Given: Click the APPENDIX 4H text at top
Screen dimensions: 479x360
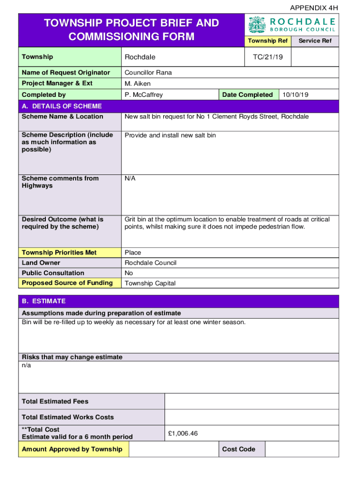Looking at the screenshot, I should click(314, 8).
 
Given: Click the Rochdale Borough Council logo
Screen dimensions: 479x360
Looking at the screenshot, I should click(292, 25).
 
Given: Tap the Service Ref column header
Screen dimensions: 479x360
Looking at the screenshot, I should click(315, 41).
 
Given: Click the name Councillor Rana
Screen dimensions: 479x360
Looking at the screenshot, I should click(148, 73).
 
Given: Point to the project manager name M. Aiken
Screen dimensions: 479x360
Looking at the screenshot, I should click(137, 84).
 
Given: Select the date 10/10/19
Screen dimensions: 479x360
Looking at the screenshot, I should click(295, 94).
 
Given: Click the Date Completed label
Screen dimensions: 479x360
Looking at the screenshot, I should click(247, 94).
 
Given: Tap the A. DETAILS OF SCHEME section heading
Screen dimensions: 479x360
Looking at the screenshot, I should click(62, 106).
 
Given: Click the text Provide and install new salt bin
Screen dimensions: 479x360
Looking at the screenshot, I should click(170, 135).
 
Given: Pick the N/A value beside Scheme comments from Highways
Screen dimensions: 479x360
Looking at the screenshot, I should click(130, 179).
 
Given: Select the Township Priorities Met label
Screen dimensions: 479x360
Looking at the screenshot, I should click(59, 253).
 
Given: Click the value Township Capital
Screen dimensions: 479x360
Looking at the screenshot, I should click(150, 283).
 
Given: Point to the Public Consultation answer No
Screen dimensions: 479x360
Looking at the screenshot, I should click(129, 273).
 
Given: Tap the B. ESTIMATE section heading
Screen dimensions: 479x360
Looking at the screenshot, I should click(43, 301).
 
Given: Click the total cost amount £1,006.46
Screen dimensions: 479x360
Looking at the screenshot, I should click(183, 433).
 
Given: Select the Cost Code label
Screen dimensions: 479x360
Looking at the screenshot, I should click(238, 449).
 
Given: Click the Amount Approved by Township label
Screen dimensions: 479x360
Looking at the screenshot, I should click(72, 449).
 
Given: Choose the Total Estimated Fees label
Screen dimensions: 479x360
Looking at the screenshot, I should click(55, 401).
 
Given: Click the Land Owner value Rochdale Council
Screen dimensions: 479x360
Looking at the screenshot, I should click(150, 263).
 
